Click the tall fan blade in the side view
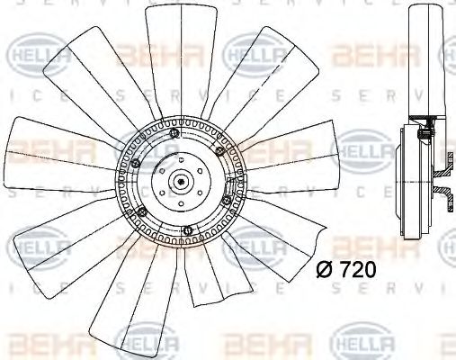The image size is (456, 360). (422, 63)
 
